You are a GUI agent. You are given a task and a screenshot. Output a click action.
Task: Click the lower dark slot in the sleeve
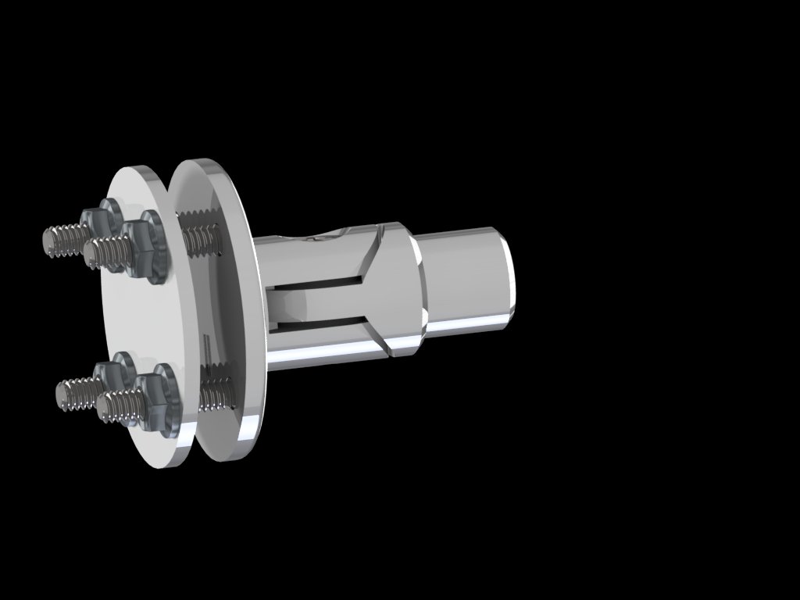320,323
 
